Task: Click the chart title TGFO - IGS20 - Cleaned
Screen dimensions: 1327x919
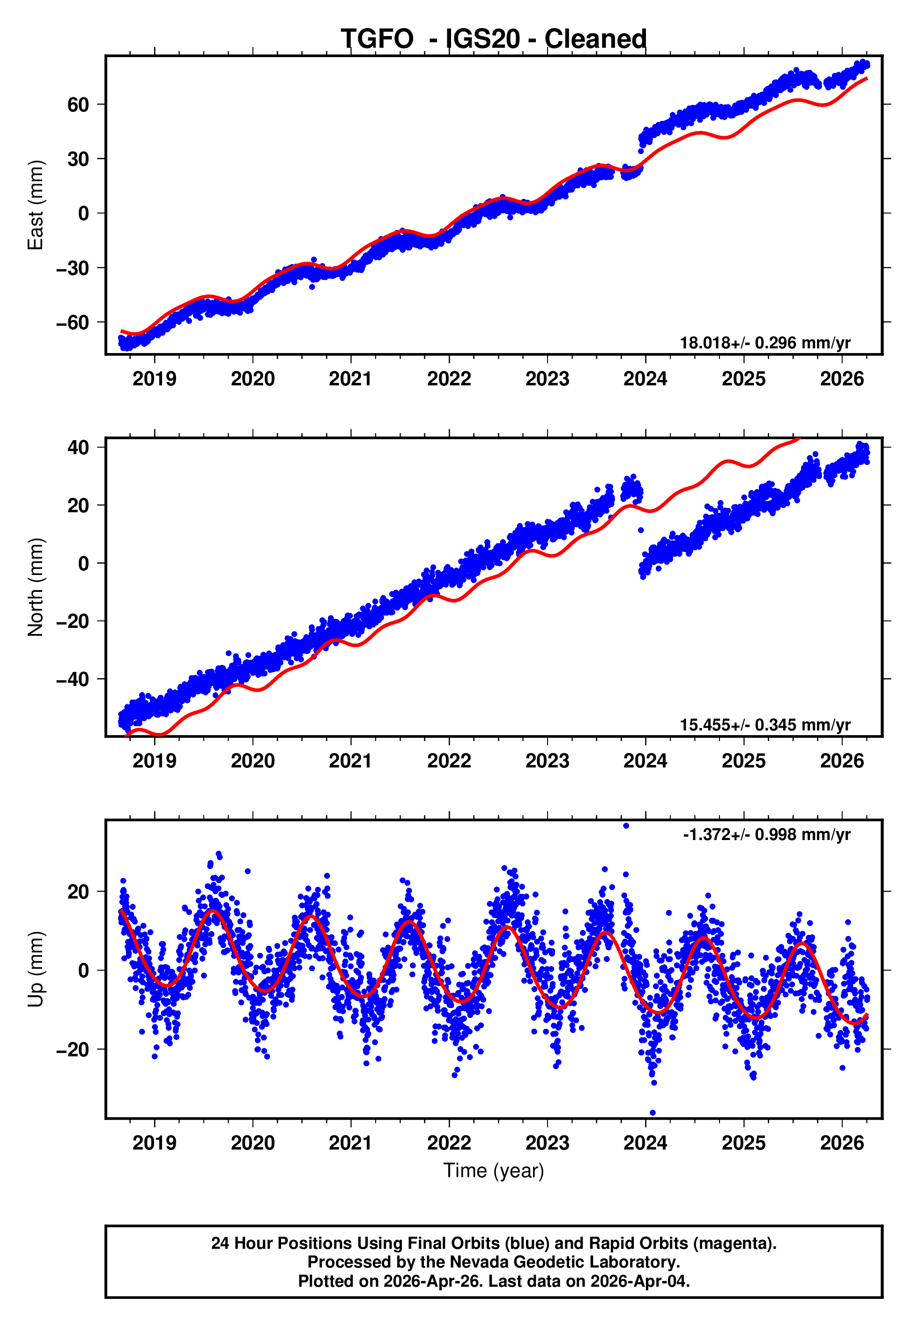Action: pyautogui.click(x=494, y=39)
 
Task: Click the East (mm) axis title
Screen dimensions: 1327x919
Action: pyautogui.click(x=36, y=205)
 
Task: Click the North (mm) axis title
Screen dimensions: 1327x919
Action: pyautogui.click(x=36, y=587)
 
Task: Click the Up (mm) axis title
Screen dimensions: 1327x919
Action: pyautogui.click(x=36, y=969)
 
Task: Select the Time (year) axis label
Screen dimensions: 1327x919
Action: pyautogui.click(x=494, y=1171)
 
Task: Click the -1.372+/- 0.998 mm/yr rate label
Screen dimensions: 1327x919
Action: pyautogui.click(x=766, y=834)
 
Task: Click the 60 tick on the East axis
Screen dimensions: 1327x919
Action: pyautogui.click(x=78, y=105)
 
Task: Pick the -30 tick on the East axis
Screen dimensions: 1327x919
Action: pyautogui.click(x=73, y=268)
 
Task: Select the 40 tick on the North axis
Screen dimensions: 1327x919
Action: pyautogui.click(x=78, y=447)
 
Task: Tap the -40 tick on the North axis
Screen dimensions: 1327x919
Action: pyautogui.click(x=73, y=679)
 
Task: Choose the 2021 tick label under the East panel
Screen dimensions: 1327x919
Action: pyautogui.click(x=351, y=379)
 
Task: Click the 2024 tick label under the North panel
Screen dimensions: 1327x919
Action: pyautogui.click(x=645, y=761)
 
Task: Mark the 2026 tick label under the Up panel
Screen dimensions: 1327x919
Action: pyautogui.click(x=842, y=1143)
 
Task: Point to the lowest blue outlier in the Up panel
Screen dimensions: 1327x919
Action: pyautogui.click(x=652, y=1113)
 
